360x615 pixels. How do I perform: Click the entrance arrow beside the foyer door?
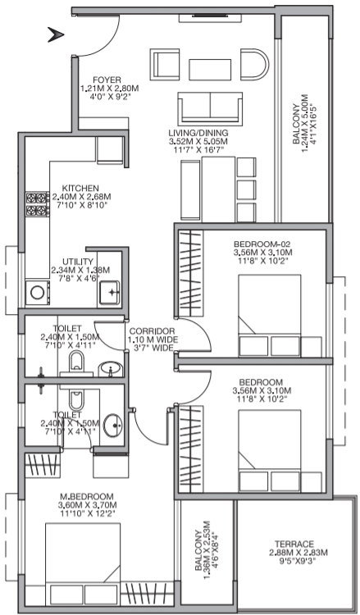pos(56,34)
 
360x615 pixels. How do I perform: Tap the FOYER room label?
pos(110,80)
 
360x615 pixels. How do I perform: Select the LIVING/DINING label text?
pos(198,133)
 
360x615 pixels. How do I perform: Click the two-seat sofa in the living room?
pos(210,107)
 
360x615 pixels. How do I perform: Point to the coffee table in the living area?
pos(210,70)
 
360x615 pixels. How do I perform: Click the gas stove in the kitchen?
pos(37,204)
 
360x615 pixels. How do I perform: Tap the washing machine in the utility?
pos(38,292)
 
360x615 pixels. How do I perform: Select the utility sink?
pos(109,292)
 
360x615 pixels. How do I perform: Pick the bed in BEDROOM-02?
pos(270,316)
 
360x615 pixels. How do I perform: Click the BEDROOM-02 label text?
pos(262,244)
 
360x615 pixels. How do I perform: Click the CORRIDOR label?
pos(153,331)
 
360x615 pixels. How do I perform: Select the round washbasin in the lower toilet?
pos(113,425)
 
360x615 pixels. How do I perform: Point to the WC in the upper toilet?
pos(76,361)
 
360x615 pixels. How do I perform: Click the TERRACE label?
pos(294,544)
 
